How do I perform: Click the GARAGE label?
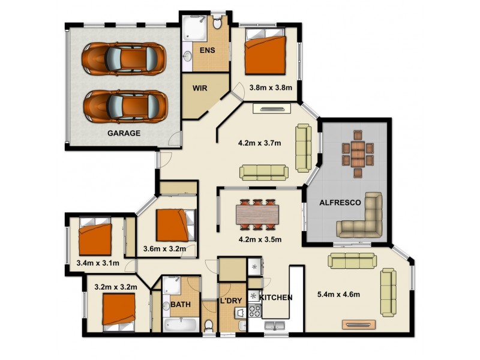124,133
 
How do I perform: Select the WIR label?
200,88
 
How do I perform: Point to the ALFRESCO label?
340,203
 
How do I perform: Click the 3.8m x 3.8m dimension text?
270,88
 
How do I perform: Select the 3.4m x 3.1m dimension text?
98,263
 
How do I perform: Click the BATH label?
181,304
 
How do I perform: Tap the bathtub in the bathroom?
180,325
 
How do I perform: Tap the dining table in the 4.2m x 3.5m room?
258,214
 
